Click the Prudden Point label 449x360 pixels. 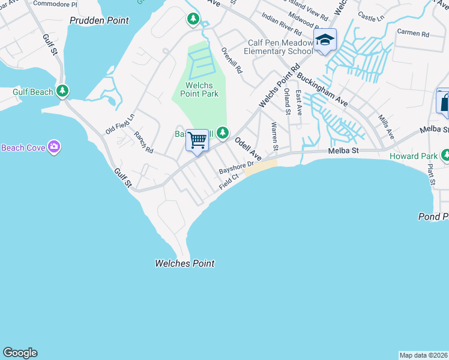[x=99, y=20]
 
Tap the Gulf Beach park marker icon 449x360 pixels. [x=62, y=91]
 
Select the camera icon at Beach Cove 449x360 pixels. [x=55, y=147]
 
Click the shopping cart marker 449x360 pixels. [x=197, y=141]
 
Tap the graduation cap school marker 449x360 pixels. [x=325, y=41]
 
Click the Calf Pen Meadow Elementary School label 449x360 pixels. [x=281, y=47]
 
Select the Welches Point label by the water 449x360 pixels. [x=184, y=263]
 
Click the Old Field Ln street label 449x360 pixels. [x=120, y=124]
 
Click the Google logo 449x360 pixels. [x=20, y=353]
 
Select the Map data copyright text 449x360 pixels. [x=423, y=355]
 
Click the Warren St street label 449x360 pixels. [x=274, y=136]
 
